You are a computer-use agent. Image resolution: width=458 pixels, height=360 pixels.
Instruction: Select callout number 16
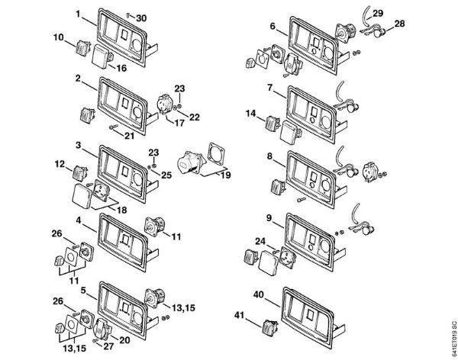pos(121,68)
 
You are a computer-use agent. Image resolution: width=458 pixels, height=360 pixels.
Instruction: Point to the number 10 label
pos(59,37)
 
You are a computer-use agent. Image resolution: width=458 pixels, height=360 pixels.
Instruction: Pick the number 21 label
pos(131,136)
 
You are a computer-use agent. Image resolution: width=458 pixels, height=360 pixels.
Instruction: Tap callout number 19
pos(224,175)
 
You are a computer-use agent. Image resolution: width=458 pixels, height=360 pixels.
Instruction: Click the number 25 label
pos(166,175)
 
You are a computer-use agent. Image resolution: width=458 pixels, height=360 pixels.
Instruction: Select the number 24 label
pos(260,243)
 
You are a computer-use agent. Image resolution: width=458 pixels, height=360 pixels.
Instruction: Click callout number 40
pos(259,294)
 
